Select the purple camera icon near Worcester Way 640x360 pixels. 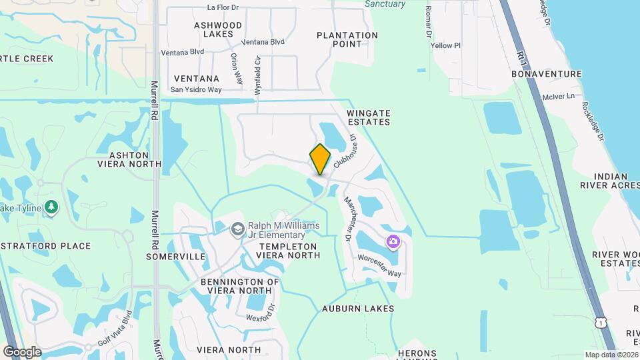[393, 241]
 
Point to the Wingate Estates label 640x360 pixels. [369, 118]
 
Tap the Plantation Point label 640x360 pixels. [347, 39]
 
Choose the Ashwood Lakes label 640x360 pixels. [218, 29]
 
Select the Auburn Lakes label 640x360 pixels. [358, 309]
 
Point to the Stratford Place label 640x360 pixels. [45, 246]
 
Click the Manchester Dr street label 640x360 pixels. [347, 218]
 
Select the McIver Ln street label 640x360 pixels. [559, 97]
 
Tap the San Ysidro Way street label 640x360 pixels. [196, 89]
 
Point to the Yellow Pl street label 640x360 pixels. [446, 46]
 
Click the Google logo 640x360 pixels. [22, 351]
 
